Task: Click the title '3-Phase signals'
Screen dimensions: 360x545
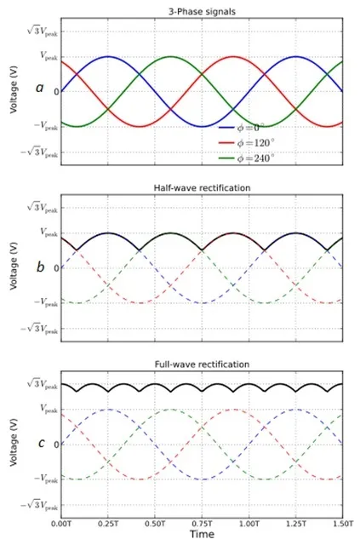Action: (202, 12)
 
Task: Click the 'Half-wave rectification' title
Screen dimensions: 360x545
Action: (202, 188)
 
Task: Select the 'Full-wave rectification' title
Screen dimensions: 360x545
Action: (202, 364)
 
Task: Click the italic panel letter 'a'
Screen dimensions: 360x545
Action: (40, 88)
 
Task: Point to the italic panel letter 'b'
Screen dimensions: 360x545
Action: (41, 267)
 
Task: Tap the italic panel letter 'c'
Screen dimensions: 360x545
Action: (42, 444)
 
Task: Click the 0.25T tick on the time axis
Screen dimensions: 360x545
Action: (108, 524)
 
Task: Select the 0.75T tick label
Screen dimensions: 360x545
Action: (203, 524)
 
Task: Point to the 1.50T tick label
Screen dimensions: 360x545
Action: (343, 524)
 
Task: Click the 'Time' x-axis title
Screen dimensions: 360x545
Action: (202, 534)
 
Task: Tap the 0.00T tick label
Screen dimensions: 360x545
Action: (61, 524)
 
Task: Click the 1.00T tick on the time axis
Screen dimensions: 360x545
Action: (249, 524)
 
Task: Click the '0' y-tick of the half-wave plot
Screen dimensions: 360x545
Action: (56, 268)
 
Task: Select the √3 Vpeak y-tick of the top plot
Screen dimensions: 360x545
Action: (43, 32)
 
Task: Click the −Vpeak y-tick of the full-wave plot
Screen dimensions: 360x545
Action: (46, 479)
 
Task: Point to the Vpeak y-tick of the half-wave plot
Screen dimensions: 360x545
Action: (49, 232)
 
